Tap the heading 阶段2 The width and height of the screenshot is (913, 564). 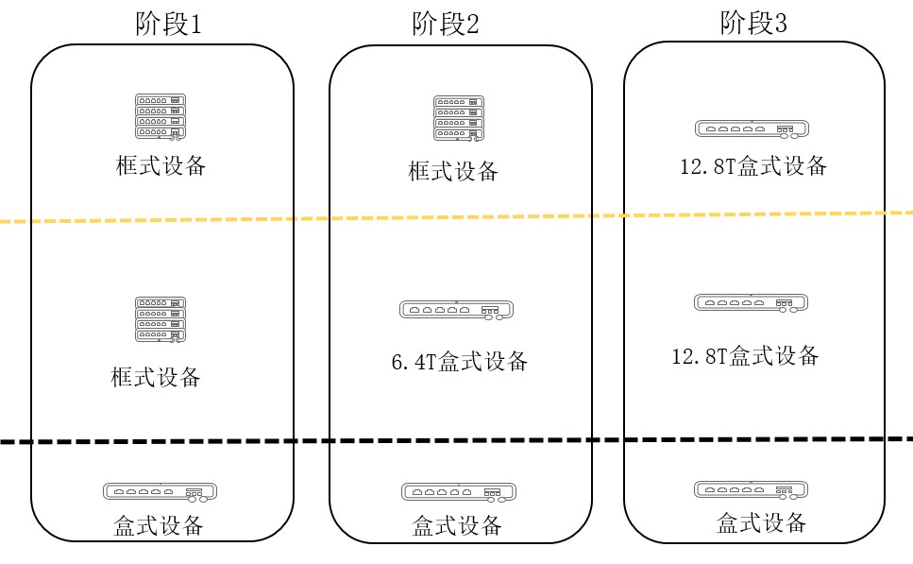[446, 24]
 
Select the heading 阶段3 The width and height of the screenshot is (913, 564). [752, 23]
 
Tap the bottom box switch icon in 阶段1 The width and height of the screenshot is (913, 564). [160, 492]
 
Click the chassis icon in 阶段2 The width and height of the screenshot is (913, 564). [458, 118]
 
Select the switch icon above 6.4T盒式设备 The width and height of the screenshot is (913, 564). [455, 309]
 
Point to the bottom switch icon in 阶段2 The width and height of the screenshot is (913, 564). [457, 492]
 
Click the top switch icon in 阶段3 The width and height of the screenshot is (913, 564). [751, 129]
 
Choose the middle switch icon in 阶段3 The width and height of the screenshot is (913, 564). [751, 303]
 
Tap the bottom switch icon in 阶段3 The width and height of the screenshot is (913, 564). [751, 489]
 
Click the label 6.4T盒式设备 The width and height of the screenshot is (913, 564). [459, 361]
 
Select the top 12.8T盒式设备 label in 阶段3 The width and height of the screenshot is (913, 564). [752, 167]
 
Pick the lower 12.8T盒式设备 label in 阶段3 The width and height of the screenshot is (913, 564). [744, 356]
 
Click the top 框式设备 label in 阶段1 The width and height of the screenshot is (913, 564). [161, 166]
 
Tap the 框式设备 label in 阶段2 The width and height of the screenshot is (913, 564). [452, 171]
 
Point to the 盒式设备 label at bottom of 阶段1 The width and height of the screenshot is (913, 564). [160, 525]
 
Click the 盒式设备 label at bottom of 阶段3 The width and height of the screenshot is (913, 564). [761, 521]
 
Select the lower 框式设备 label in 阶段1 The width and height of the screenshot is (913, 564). [156, 377]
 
